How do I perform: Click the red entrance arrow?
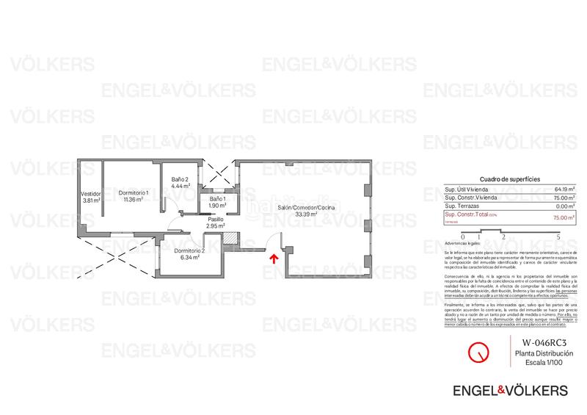coord(273,258)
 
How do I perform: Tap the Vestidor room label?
coord(91,194)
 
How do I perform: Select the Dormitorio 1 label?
coord(134,192)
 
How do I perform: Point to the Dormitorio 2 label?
coord(189,250)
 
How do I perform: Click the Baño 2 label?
coord(181,180)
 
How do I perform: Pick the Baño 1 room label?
coord(218,198)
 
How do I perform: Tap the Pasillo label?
coord(215,219)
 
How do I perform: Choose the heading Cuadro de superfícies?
coord(509,179)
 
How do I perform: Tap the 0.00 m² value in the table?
coord(564,207)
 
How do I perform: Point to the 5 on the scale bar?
coord(558,237)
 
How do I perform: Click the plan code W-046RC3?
coord(544,343)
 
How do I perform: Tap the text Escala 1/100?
coord(544,364)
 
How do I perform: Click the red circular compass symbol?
coord(479,352)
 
